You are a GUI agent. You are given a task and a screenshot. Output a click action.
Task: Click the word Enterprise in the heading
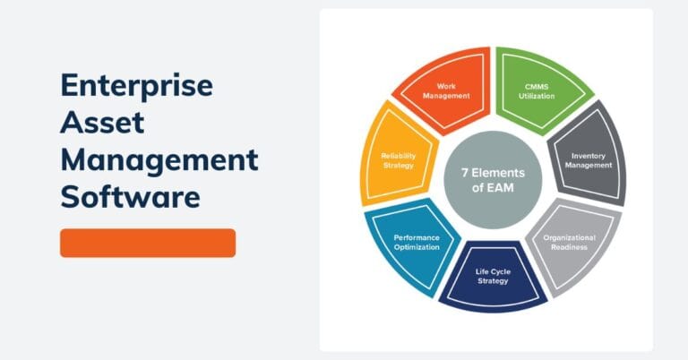136,87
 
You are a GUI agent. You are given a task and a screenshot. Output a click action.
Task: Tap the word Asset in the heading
103,124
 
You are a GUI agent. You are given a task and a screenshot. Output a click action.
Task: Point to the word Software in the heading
130,197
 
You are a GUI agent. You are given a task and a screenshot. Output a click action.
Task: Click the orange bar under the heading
148,243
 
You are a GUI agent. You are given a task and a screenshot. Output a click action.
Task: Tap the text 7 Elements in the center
492,173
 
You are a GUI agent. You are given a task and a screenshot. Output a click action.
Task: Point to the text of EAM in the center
492,188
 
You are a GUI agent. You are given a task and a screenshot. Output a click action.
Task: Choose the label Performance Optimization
417,242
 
